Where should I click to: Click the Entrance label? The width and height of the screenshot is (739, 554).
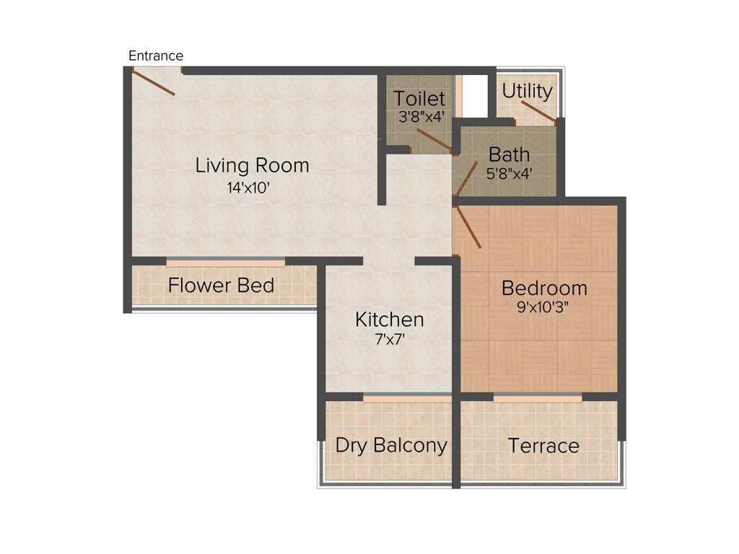click(x=156, y=56)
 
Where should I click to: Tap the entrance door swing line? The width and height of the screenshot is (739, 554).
click(x=154, y=83)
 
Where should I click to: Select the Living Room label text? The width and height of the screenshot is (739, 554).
click(x=252, y=165)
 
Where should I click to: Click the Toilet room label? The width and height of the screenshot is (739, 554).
click(x=419, y=98)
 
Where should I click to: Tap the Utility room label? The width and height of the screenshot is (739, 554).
click(x=528, y=92)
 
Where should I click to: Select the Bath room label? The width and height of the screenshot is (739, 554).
click(x=509, y=154)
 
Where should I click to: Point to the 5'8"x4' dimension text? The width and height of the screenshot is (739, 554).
click(x=509, y=173)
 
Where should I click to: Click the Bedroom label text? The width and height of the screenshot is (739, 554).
click(x=544, y=288)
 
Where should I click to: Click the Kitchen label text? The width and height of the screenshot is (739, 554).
click(x=389, y=319)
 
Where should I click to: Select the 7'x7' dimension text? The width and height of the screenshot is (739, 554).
click(x=390, y=340)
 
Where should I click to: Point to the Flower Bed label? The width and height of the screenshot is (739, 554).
click(x=221, y=286)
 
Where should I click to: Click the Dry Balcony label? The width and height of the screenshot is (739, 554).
click(x=391, y=445)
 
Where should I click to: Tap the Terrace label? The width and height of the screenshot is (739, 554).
click(x=543, y=445)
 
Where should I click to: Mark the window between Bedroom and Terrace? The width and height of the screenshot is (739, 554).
click(x=538, y=397)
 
